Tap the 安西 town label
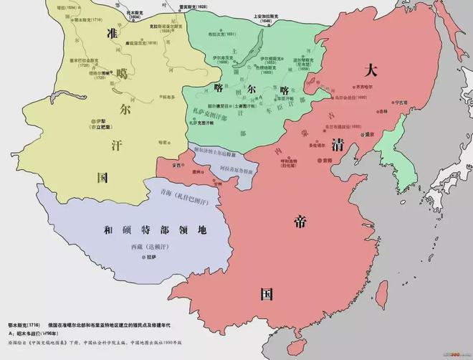click(176, 165)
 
